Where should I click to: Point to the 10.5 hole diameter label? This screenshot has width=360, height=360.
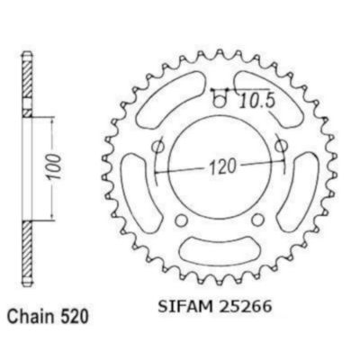pos(257,101)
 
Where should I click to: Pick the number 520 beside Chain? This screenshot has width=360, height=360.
pos(73,317)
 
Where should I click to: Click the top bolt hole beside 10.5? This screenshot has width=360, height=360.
pos(220,102)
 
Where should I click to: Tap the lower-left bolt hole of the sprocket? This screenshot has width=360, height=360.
pos(181,220)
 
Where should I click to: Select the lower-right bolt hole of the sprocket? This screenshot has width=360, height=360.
pos(257,220)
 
